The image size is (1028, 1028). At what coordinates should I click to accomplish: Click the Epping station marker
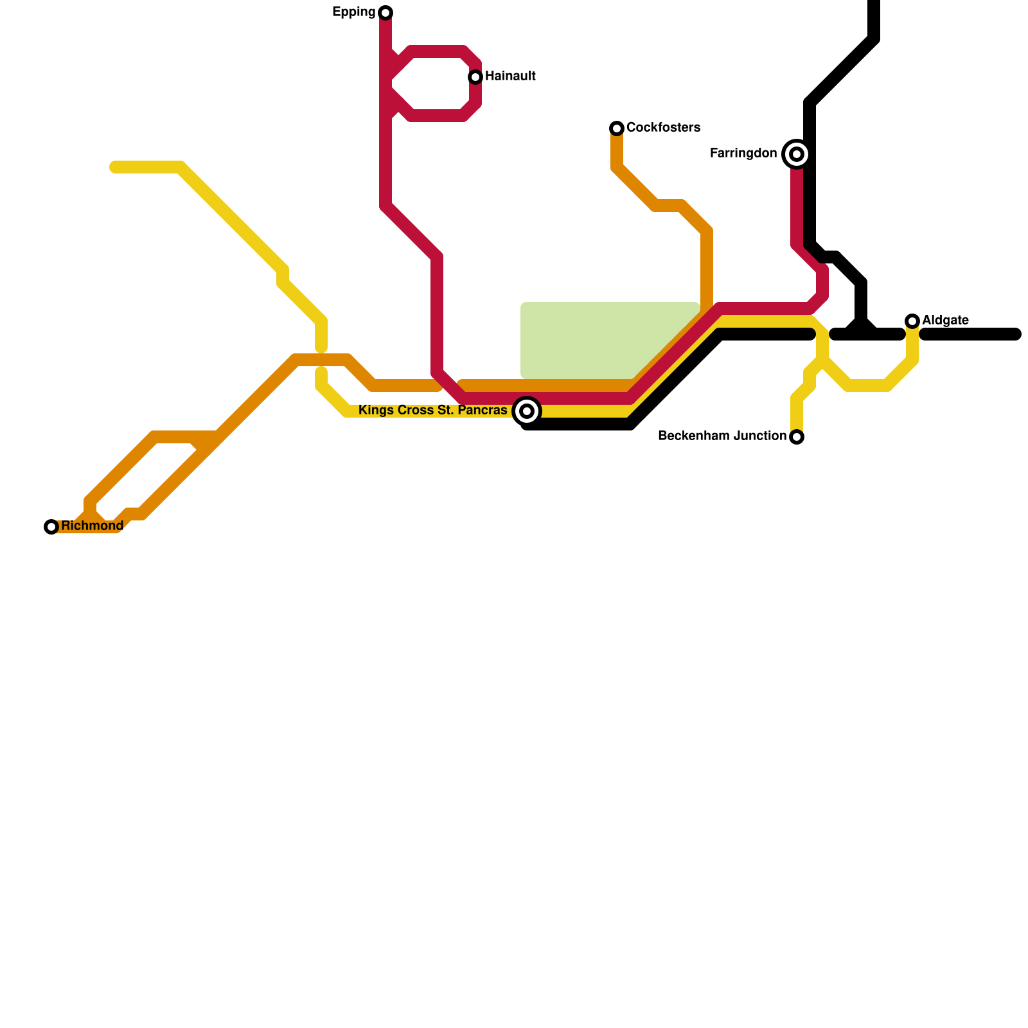[385, 13]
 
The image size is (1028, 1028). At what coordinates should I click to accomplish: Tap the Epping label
[353, 12]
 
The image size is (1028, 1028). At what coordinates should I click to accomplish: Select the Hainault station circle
[475, 77]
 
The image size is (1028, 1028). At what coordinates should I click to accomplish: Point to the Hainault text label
[510, 76]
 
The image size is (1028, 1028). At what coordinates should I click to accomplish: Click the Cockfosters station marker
[617, 128]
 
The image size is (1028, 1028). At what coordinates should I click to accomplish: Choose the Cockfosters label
[663, 128]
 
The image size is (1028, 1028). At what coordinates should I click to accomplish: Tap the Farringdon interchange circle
[797, 154]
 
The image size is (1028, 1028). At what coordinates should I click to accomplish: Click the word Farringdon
[743, 154]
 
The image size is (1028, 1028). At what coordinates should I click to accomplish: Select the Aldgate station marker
[912, 321]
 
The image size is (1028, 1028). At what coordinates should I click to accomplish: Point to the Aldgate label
[945, 321]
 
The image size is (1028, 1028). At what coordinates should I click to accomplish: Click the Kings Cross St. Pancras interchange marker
[527, 411]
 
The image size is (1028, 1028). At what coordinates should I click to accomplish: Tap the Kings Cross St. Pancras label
[432, 411]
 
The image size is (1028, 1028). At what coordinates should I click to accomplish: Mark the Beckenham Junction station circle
[797, 437]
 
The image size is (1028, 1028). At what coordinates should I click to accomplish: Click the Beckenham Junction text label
[722, 436]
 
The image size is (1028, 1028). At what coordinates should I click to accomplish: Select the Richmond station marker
[51, 527]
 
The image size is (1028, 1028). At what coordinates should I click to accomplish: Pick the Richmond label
[92, 526]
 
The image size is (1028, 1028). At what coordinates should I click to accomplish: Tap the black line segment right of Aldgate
[970, 334]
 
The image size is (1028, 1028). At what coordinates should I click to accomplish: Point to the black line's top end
[874, 4]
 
